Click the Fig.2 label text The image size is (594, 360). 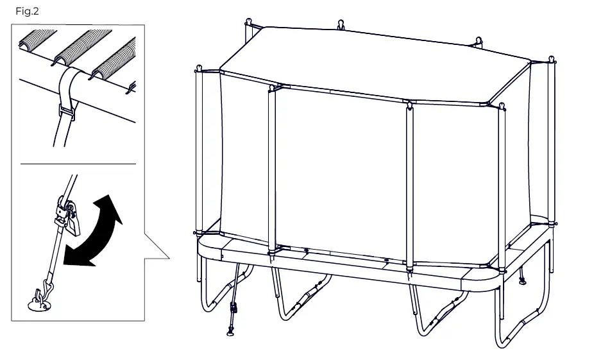(x=28, y=12)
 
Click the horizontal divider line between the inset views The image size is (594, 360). (x=78, y=164)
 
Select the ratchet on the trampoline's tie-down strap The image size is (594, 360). (x=235, y=307)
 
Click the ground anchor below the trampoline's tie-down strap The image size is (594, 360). (x=230, y=332)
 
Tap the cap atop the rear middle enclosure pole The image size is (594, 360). (x=340, y=26)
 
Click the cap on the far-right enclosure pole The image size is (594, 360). (x=551, y=62)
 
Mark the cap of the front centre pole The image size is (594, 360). (x=407, y=105)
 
